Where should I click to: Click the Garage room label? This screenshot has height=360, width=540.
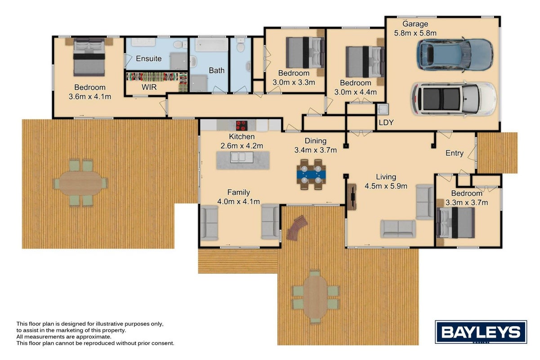415,24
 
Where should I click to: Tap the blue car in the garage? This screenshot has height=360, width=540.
455,54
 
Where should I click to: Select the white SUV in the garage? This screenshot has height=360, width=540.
454,99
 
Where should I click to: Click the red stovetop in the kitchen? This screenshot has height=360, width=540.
241,126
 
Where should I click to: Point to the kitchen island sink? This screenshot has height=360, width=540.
242,157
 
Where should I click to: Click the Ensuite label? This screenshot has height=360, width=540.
149,58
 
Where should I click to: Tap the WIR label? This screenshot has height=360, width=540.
149,87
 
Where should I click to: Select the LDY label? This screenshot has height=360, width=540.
386,122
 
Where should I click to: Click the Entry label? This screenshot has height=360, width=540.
455,153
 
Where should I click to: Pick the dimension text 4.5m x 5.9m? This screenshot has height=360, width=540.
386,186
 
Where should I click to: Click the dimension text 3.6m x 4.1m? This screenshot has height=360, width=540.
90,97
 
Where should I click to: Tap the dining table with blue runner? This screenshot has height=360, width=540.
311,174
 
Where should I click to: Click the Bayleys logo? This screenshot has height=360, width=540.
481,332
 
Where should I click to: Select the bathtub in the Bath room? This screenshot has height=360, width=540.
211,45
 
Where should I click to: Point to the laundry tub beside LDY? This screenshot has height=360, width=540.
383,109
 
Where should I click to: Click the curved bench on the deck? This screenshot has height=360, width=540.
296,228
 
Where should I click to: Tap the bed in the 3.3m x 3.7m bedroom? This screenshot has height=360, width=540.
455,223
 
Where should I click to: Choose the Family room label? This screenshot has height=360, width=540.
239,192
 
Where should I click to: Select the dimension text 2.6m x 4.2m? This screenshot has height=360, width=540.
242,146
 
